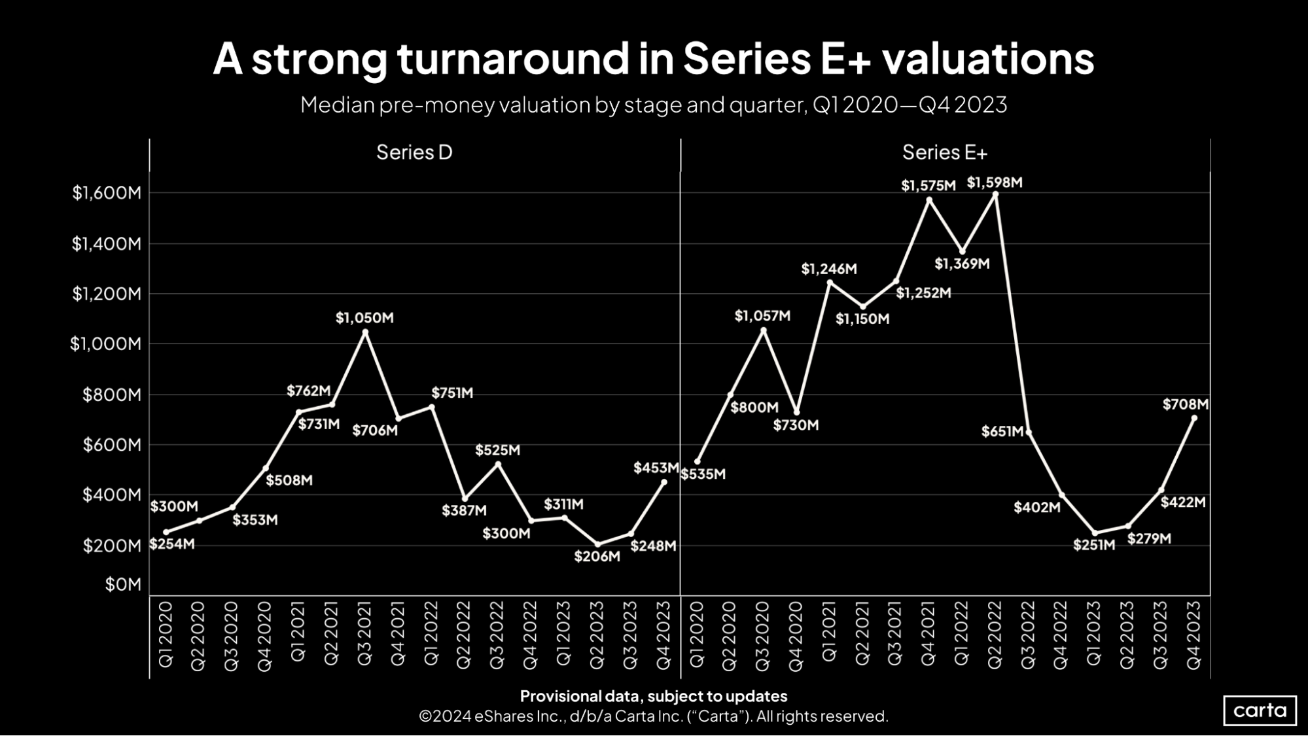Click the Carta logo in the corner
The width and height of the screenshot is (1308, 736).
tap(1260, 710)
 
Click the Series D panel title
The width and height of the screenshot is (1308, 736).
tap(414, 152)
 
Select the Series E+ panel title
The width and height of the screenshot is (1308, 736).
tap(944, 152)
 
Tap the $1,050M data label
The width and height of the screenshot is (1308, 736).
tap(364, 318)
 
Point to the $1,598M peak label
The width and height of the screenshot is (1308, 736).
tap(994, 183)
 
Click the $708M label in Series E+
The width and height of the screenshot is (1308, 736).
tap(1185, 404)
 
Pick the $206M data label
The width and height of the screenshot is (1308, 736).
tap(597, 557)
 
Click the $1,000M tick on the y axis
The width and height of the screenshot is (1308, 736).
tap(105, 344)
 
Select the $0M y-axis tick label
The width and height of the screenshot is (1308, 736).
tap(123, 584)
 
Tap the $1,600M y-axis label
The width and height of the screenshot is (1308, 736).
tap(107, 193)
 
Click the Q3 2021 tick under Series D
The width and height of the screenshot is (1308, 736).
tap(364, 634)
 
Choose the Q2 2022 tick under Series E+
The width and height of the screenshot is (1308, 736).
tap(995, 634)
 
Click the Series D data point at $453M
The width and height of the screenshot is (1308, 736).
tap(664, 482)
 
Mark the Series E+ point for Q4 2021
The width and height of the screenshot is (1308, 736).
tap(929, 200)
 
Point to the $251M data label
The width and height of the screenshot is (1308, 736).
tap(1093, 545)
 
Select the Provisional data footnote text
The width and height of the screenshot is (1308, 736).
tap(653, 696)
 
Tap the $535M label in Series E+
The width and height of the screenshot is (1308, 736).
tap(703, 474)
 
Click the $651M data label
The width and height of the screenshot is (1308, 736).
tap(1002, 432)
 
